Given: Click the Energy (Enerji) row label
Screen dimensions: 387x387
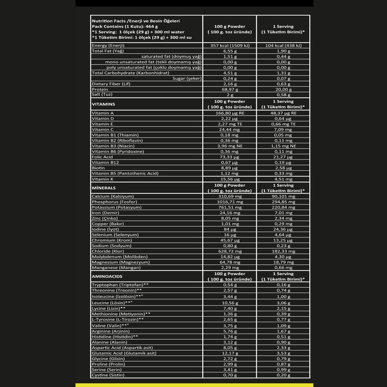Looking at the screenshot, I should (x=109, y=45).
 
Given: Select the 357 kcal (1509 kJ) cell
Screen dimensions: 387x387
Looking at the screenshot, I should (x=229, y=45).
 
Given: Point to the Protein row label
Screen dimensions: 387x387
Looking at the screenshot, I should (x=100, y=89).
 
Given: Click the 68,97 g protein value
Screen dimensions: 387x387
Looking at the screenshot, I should (x=229, y=89).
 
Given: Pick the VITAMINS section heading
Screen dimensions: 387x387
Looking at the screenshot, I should (x=104, y=104).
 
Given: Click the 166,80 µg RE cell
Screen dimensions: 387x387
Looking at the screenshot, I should (x=229, y=112).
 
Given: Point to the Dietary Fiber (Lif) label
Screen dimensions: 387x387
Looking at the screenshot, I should (x=111, y=84).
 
